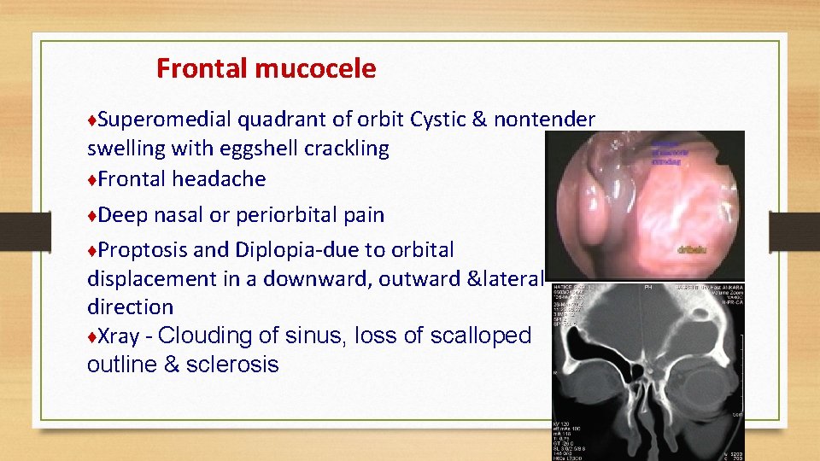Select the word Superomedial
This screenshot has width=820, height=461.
coord(166,120)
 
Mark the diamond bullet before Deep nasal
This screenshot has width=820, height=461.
coord(91,215)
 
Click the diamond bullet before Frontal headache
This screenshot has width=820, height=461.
coord(91,179)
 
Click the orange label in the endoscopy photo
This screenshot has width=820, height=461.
coord(691,251)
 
